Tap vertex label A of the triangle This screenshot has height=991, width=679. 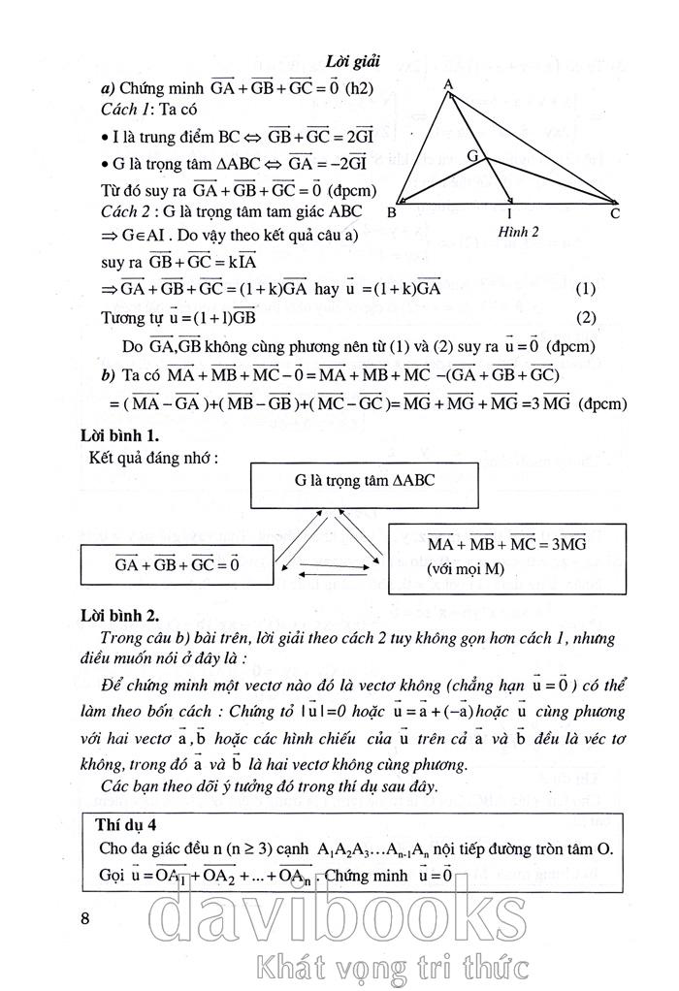[449, 85]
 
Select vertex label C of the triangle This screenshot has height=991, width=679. [615, 213]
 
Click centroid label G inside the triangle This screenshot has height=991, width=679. [472, 155]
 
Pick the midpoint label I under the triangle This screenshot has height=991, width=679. [510, 214]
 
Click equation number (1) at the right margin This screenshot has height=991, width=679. [584, 289]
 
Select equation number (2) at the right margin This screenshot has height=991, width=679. [584, 316]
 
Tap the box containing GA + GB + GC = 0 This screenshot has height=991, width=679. [177, 563]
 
